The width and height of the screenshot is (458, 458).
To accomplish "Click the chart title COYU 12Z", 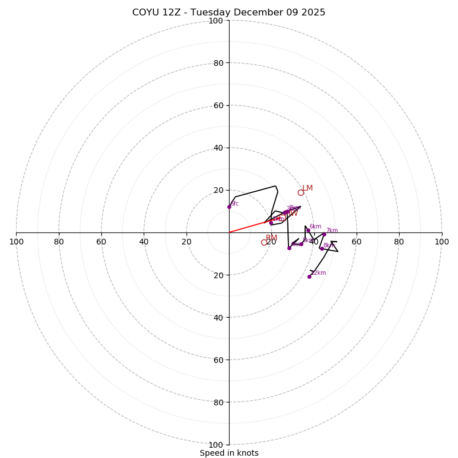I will [x=228, y=13].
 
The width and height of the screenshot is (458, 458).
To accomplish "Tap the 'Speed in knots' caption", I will [x=229, y=453].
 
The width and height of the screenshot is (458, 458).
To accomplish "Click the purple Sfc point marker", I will [x=229, y=207].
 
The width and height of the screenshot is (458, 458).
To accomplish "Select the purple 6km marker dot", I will [x=308, y=231].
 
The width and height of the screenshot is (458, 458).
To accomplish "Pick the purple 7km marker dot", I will [x=324, y=234].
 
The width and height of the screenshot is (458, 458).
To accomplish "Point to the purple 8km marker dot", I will [x=322, y=248].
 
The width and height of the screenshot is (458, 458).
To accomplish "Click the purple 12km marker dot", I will [x=309, y=277].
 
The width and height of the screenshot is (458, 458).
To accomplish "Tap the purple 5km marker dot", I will [x=301, y=244].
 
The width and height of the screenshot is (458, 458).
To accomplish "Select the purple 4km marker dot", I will [x=289, y=248].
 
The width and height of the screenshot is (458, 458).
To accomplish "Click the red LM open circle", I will [x=301, y=192].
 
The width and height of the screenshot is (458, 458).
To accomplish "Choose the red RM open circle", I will [x=264, y=242].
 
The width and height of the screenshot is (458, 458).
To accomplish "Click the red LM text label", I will [x=307, y=188].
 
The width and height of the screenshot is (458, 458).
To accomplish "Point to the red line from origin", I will [x=247, y=227].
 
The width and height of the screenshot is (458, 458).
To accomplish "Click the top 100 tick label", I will [x=216, y=21].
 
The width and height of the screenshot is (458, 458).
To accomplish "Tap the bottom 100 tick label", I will [x=216, y=444].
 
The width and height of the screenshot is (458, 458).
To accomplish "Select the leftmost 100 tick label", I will [x=16, y=242].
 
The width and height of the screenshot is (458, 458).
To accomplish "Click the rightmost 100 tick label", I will [x=441, y=242].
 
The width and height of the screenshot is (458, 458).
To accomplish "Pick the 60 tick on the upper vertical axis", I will [x=218, y=105].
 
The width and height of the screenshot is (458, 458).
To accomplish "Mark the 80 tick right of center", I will [x=399, y=242].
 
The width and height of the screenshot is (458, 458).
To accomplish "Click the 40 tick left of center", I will [x=144, y=242].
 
